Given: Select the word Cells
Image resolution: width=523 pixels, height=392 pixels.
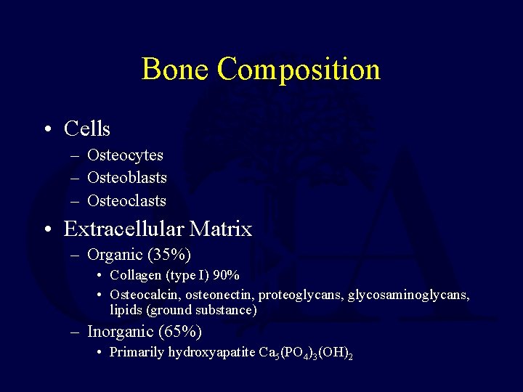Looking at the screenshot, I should pyautogui.click(x=87, y=129).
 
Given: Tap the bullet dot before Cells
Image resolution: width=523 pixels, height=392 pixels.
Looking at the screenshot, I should pyautogui.click(x=46, y=130).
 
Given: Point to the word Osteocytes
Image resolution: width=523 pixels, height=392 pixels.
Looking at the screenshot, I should pyautogui.click(x=125, y=155).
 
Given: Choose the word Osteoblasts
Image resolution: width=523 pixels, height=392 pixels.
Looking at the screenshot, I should pyautogui.click(x=126, y=177).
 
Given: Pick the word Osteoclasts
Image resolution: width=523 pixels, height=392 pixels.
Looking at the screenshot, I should pyautogui.click(x=126, y=200).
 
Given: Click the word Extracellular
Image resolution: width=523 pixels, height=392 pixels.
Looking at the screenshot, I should pyautogui.click(x=123, y=229).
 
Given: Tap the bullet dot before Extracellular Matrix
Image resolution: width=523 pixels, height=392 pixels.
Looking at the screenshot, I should pyautogui.click(x=46, y=230).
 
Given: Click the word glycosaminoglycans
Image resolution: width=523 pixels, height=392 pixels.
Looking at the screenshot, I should pyautogui.click(x=408, y=295).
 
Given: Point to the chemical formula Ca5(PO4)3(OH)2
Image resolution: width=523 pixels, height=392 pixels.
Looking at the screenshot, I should pyautogui.click(x=306, y=354).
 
